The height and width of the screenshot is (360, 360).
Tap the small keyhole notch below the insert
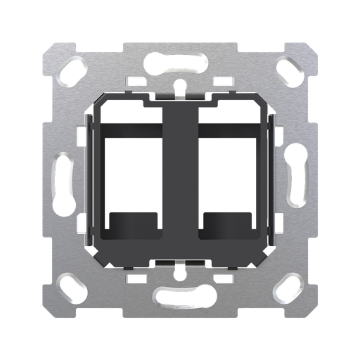tap(180, 271)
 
